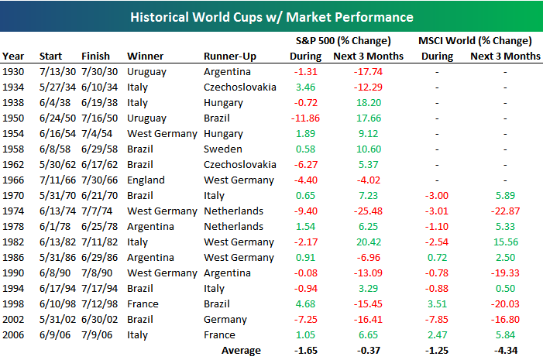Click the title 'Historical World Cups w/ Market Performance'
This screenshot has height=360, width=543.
(272, 17)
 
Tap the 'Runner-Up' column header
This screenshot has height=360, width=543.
(230, 57)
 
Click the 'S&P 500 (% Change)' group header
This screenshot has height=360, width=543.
(343, 41)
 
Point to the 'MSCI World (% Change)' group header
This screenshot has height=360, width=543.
(475, 41)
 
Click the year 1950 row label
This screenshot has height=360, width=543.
(13, 118)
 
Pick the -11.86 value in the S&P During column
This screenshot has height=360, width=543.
(305, 118)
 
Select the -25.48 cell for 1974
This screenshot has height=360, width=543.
(368, 211)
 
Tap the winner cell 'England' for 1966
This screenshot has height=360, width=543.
(146, 180)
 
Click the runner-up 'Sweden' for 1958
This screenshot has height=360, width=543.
(223, 149)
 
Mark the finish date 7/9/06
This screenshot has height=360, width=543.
(97, 335)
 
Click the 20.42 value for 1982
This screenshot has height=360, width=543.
(369, 242)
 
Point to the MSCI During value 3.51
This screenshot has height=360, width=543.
(437, 304)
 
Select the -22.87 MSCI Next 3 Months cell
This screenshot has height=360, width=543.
(505, 211)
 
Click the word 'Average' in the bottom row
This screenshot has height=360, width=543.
(241, 351)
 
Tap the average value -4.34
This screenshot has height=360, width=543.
(506, 350)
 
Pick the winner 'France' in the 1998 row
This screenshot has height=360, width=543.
(143, 304)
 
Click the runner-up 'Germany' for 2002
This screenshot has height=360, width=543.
(225, 320)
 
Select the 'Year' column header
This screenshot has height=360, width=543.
(13, 56)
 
